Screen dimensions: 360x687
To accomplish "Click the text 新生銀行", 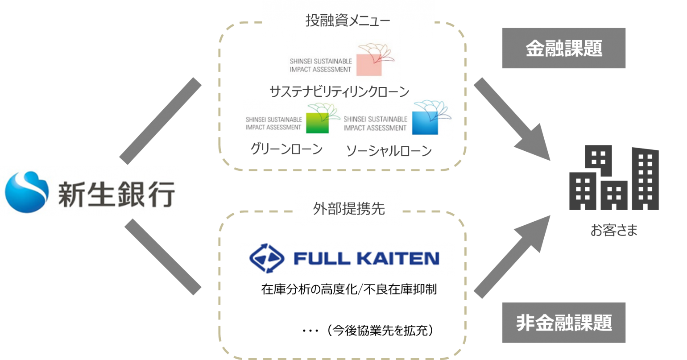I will [x=115, y=193].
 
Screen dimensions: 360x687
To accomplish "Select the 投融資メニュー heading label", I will [x=348, y=21].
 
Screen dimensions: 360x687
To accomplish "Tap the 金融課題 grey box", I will [x=563, y=48].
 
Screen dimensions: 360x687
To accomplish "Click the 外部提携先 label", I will [x=348, y=209].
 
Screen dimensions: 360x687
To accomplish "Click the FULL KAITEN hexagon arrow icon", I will [x=267, y=258].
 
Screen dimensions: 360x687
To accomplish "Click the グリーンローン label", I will [x=286, y=150].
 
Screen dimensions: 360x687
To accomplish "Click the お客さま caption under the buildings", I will [x=614, y=230].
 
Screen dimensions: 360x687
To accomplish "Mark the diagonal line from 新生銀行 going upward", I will [x=161, y=120].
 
